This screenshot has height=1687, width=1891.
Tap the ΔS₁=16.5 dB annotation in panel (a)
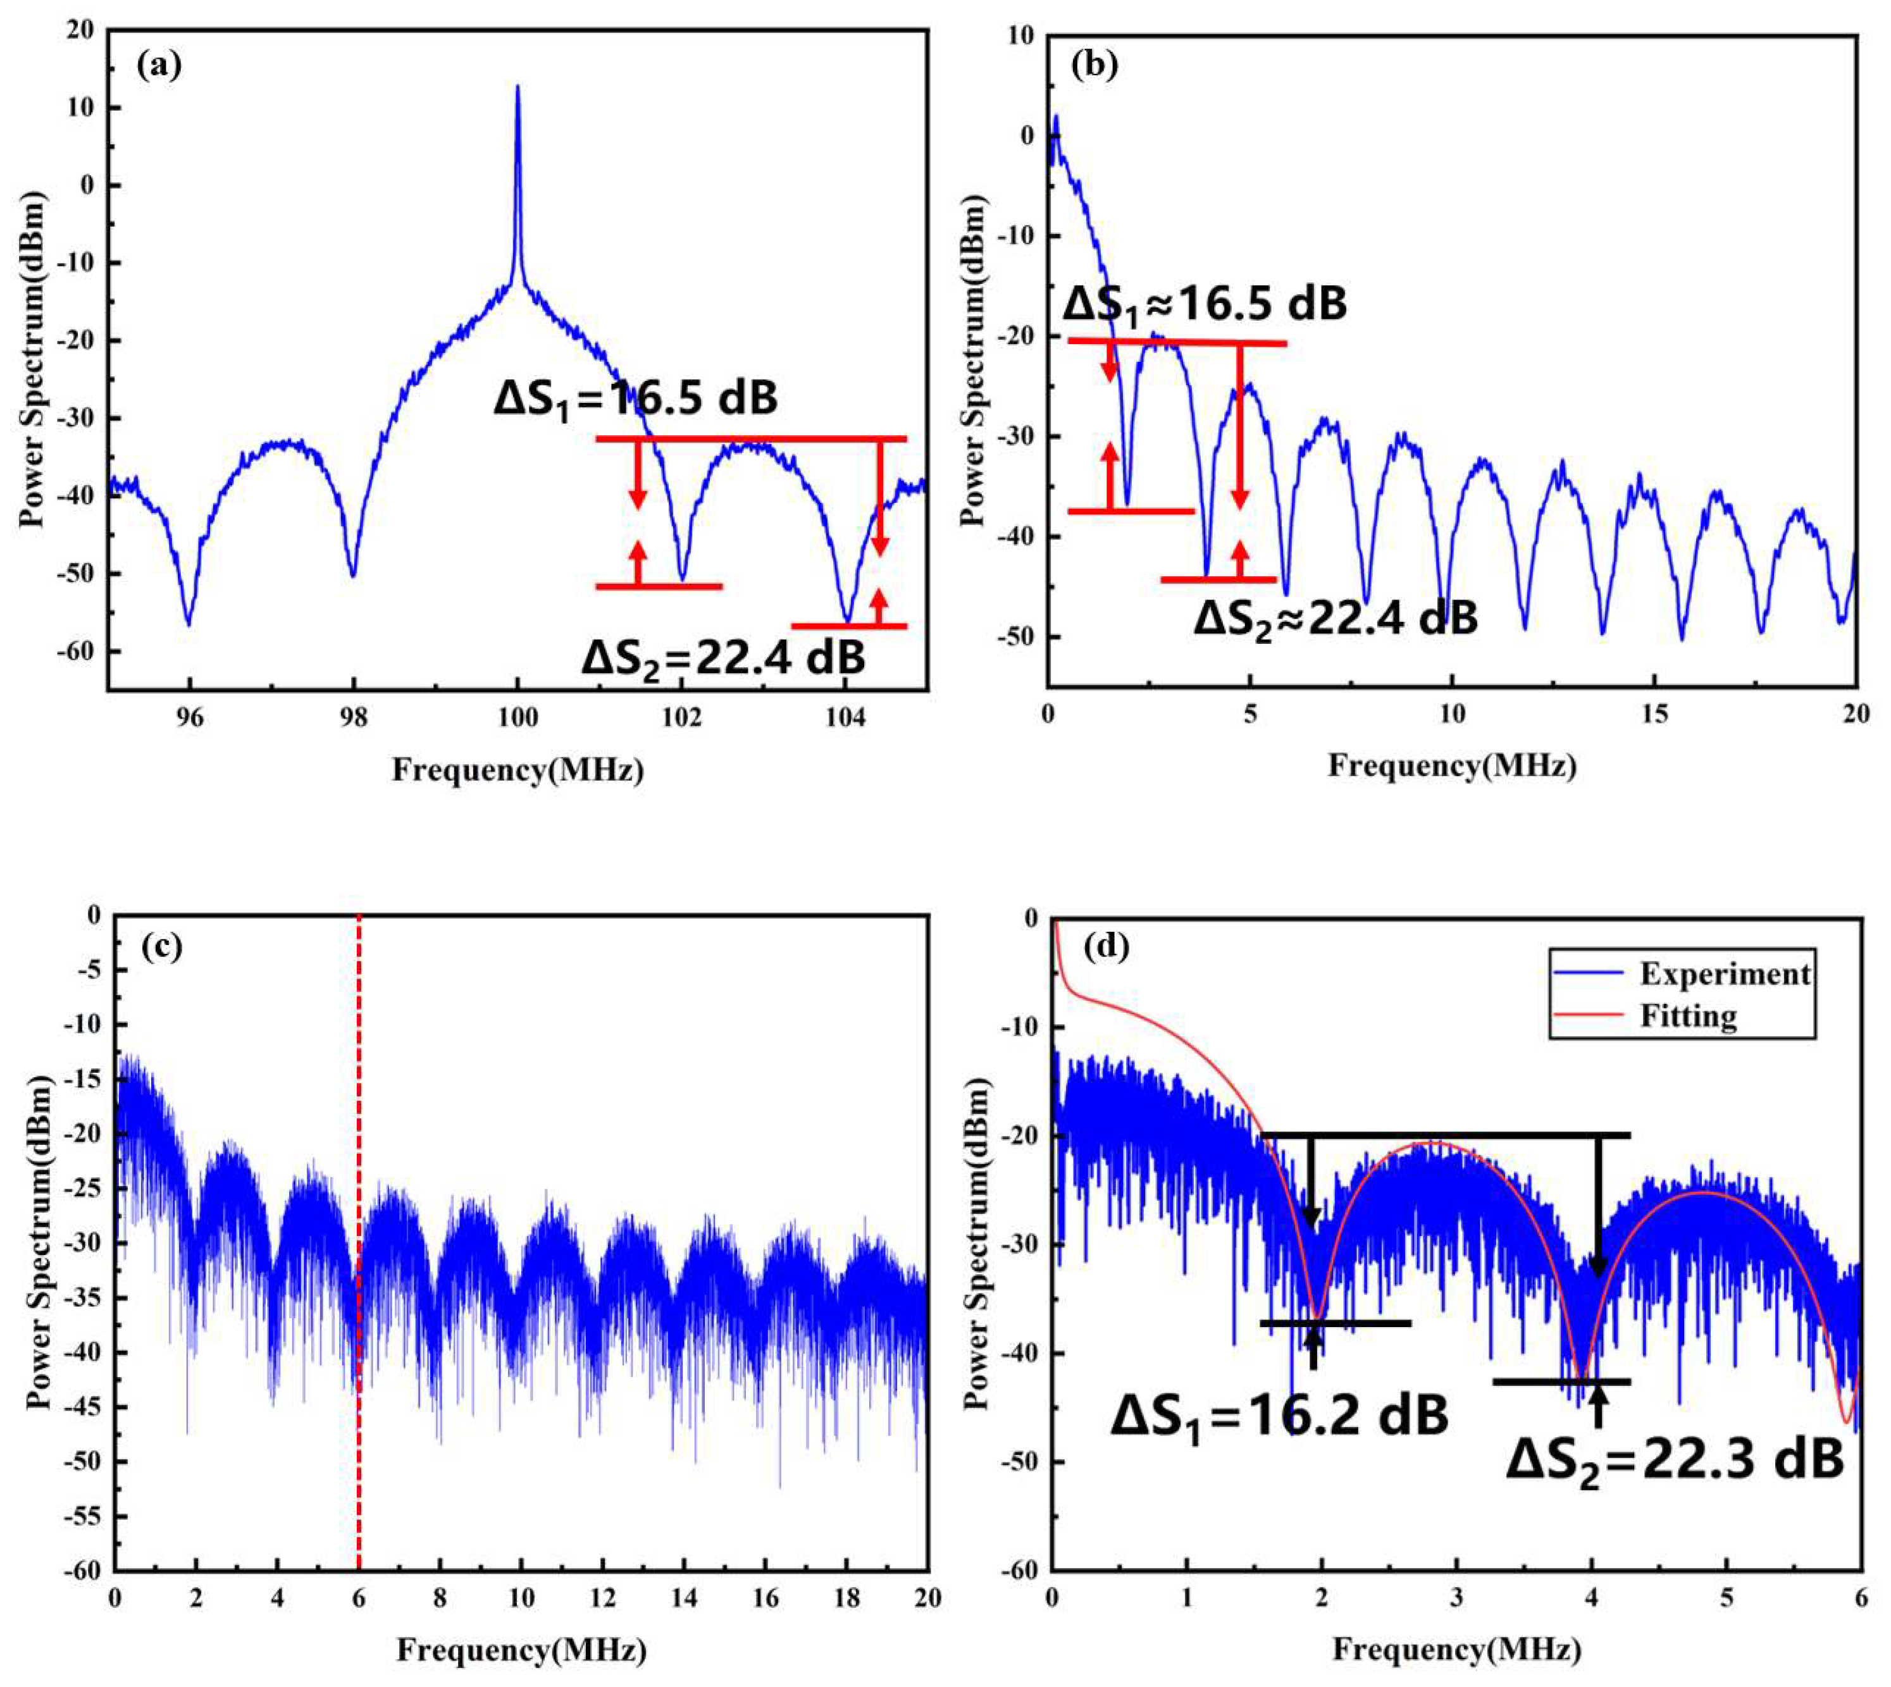pos(635,399)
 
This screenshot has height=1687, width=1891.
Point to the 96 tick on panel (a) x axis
pos(189,719)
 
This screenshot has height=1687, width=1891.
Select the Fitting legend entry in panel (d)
pos(1687,1016)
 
